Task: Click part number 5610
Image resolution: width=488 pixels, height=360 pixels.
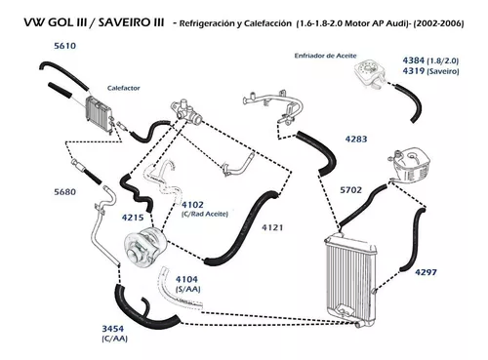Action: tap(65, 46)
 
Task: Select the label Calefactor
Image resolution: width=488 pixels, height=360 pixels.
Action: tap(124, 88)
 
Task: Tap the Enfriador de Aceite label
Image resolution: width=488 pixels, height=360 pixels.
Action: tap(325, 56)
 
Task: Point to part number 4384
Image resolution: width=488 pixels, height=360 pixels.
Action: tap(414, 60)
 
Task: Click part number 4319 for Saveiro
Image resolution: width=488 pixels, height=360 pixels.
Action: tap(414, 71)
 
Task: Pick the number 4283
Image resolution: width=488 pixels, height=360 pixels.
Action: tap(356, 140)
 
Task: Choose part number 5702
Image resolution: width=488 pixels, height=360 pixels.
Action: tap(350, 190)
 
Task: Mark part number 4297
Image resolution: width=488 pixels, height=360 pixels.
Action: tap(426, 272)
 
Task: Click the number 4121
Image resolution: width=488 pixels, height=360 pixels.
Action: tap(272, 227)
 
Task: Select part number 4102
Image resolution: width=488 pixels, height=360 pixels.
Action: tap(192, 205)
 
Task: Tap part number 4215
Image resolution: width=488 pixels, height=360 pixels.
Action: tap(133, 218)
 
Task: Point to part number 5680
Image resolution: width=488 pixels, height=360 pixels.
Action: tap(65, 192)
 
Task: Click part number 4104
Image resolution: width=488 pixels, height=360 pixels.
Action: tap(186, 279)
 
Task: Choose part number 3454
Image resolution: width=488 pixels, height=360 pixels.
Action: tap(113, 329)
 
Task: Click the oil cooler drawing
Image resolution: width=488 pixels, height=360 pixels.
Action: tap(370, 73)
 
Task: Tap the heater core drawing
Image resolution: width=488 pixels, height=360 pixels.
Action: tap(100, 114)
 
